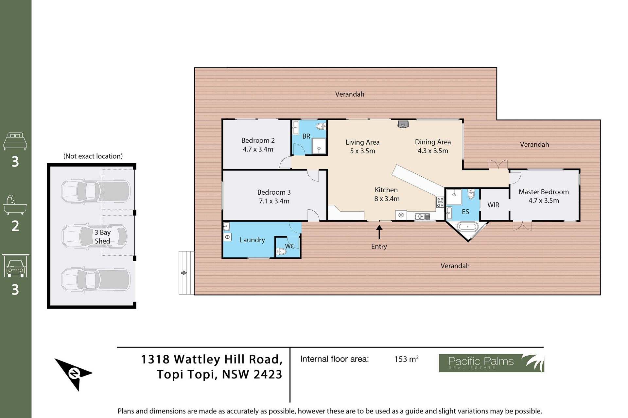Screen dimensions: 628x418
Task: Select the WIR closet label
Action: coord(493,205)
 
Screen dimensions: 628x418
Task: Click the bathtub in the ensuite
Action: coord(467,226)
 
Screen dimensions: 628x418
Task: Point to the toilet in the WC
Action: coord(281,251)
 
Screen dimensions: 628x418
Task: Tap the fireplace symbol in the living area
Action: coord(403,124)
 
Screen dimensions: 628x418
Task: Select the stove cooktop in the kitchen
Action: coord(440,202)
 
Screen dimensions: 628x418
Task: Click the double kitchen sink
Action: coord(422,216)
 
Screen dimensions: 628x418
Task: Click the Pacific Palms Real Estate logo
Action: coord(491,363)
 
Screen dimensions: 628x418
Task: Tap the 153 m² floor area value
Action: coord(406,359)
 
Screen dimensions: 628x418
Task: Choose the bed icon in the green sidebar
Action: coord(15,141)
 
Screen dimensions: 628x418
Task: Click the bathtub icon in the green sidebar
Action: coord(15,205)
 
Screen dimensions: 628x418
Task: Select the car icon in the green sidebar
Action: coord(15,266)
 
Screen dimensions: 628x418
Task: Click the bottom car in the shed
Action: coord(96,280)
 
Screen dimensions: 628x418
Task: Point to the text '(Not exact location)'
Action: coord(93,156)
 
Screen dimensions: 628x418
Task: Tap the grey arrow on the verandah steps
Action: coord(184,273)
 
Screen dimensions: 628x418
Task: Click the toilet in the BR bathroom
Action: coord(321,126)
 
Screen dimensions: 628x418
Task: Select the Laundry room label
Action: coord(252,240)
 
